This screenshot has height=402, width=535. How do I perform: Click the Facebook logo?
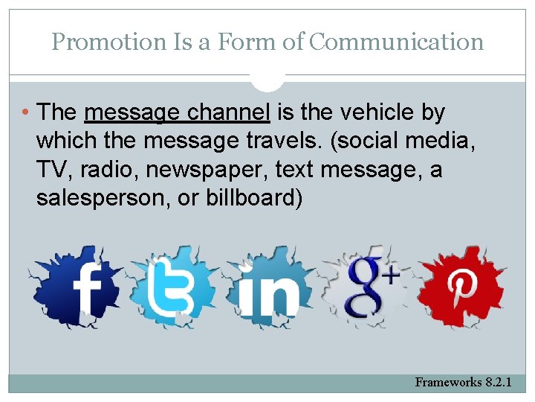(x=77, y=287)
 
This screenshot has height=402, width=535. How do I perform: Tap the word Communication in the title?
(x=396, y=42)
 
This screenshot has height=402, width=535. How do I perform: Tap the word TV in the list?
(x=51, y=170)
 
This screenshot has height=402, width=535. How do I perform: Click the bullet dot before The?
(x=27, y=113)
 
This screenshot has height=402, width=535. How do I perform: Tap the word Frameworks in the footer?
(x=448, y=383)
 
